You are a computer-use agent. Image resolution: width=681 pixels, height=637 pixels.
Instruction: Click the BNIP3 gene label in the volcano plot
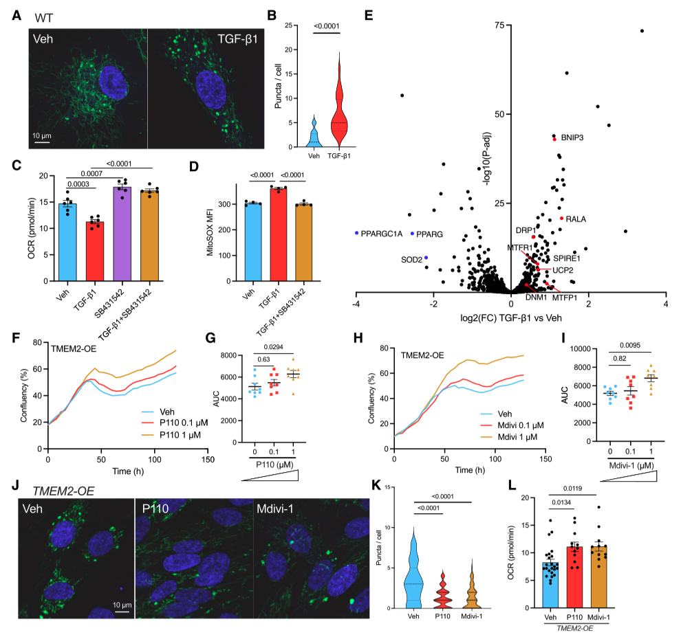(x=572, y=137)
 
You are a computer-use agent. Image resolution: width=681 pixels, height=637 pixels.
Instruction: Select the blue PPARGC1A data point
(x=357, y=234)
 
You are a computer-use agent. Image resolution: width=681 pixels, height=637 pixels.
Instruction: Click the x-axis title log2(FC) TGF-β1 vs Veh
(x=511, y=318)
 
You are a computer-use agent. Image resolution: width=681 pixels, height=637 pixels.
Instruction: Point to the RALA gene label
(x=576, y=219)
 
